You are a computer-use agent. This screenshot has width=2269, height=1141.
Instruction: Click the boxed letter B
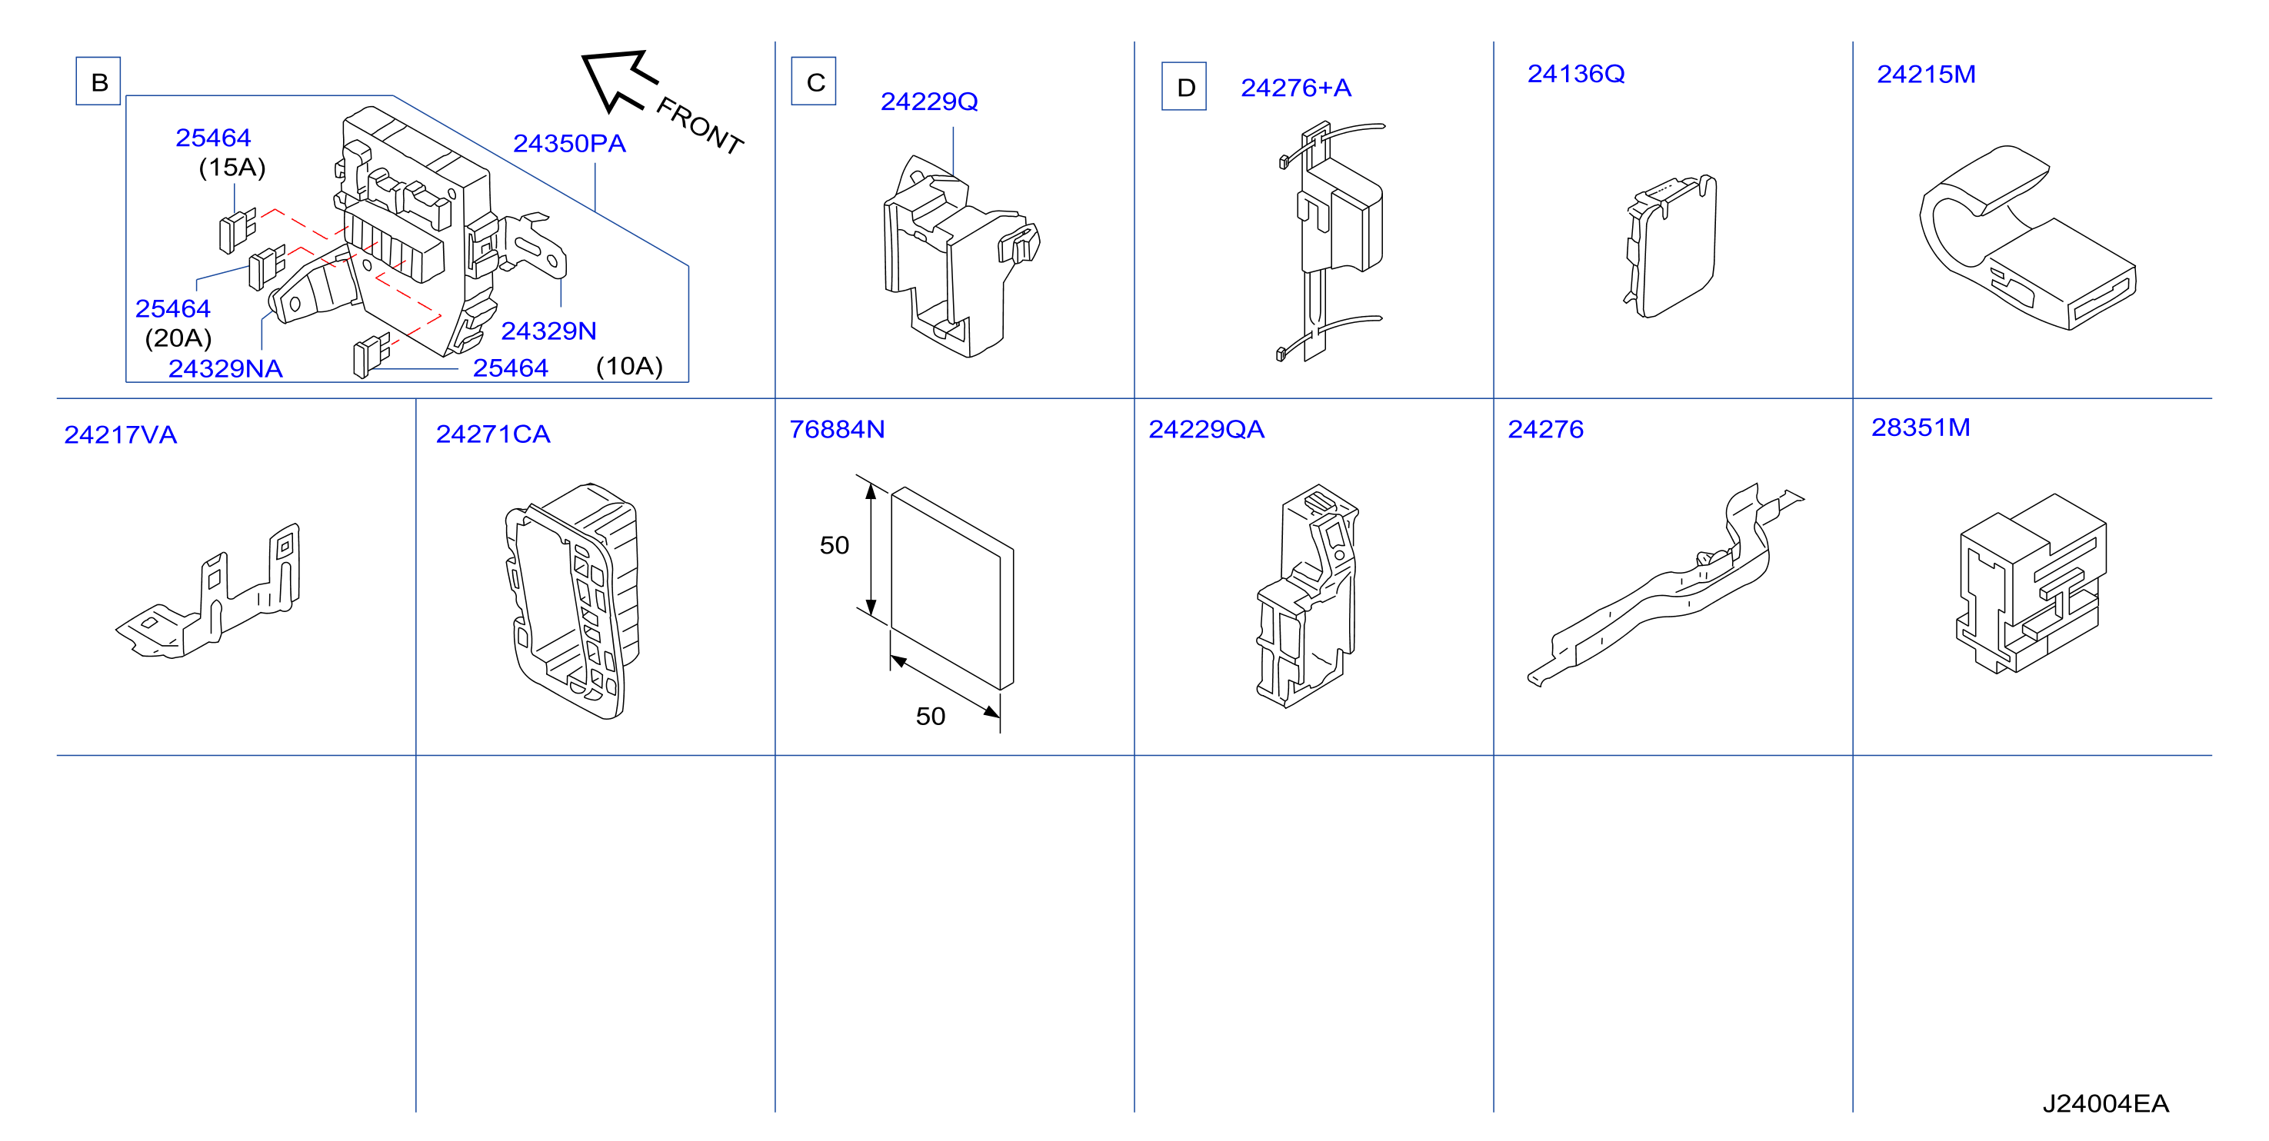point(98,81)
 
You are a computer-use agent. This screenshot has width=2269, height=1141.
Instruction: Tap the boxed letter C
point(815,81)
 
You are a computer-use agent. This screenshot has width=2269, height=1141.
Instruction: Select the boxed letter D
point(1184,87)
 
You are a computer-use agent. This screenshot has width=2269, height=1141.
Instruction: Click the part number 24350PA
point(569,144)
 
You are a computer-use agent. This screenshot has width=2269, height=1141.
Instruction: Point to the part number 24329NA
point(225,369)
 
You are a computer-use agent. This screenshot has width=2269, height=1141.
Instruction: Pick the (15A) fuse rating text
point(232,168)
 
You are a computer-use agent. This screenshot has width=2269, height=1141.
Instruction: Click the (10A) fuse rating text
point(630,366)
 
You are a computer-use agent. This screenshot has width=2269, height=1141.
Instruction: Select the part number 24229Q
point(929,102)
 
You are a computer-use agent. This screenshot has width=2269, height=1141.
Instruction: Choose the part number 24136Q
point(1576,74)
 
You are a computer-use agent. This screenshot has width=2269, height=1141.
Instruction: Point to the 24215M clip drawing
point(2026,238)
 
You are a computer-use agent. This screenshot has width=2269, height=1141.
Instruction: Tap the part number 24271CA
point(493,434)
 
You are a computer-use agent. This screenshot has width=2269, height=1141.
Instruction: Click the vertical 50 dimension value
point(834,546)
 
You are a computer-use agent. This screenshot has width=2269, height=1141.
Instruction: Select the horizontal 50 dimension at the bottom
point(930,717)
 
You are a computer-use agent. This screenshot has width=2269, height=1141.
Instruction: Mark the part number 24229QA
point(1206,430)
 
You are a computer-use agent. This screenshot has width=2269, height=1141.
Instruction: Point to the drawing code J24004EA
point(2105,1104)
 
